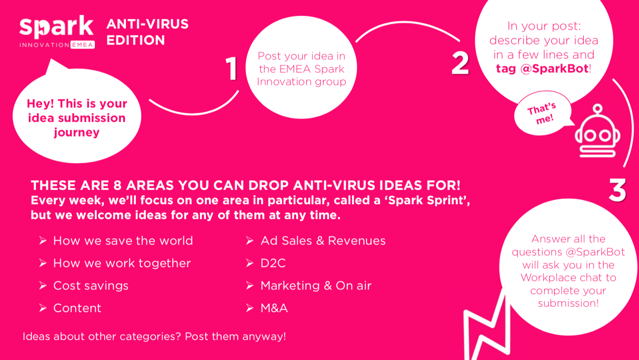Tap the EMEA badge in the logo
[x=83, y=45]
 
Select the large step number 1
[x=232, y=69]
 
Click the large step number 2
[x=460, y=62]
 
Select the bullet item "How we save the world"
[x=123, y=241]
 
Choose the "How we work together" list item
[x=122, y=263]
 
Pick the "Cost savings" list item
[x=91, y=286]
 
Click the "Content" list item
[x=77, y=308]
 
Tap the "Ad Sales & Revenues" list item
[x=323, y=241]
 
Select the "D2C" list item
[x=273, y=263]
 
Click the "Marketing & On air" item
[x=316, y=286]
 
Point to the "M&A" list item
[x=274, y=308]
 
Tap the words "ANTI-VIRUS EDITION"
[x=147, y=32]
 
